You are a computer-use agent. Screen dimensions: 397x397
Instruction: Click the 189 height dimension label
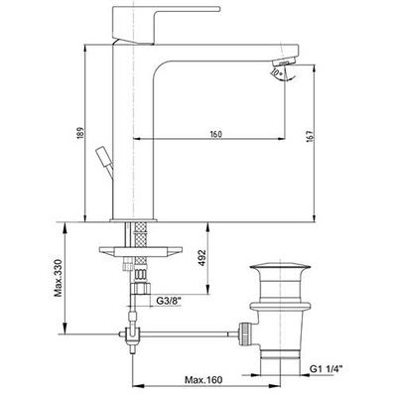click(80, 133)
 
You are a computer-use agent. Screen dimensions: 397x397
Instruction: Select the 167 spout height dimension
click(309, 137)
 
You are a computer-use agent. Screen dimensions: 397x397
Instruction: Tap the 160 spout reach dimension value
click(215, 134)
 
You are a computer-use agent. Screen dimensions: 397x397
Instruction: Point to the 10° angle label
click(276, 71)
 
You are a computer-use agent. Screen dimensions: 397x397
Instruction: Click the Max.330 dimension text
click(59, 278)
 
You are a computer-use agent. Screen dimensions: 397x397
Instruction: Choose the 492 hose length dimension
click(201, 258)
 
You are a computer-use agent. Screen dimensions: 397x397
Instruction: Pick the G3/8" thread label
click(169, 301)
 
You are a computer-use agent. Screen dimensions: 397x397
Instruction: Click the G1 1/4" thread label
click(325, 369)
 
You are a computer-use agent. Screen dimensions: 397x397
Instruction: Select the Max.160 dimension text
click(203, 380)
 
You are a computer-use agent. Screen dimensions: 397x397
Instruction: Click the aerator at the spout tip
click(284, 62)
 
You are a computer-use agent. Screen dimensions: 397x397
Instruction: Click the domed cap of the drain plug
click(280, 267)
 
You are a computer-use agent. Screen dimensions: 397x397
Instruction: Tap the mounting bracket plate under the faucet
click(141, 251)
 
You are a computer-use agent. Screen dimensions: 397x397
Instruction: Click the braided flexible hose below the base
click(141, 242)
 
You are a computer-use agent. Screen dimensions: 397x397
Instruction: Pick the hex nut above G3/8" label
click(140, 288)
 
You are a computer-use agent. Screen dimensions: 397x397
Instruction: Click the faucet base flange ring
click(133, 220)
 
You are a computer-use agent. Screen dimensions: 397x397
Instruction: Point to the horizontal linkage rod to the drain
click(189, 333)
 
